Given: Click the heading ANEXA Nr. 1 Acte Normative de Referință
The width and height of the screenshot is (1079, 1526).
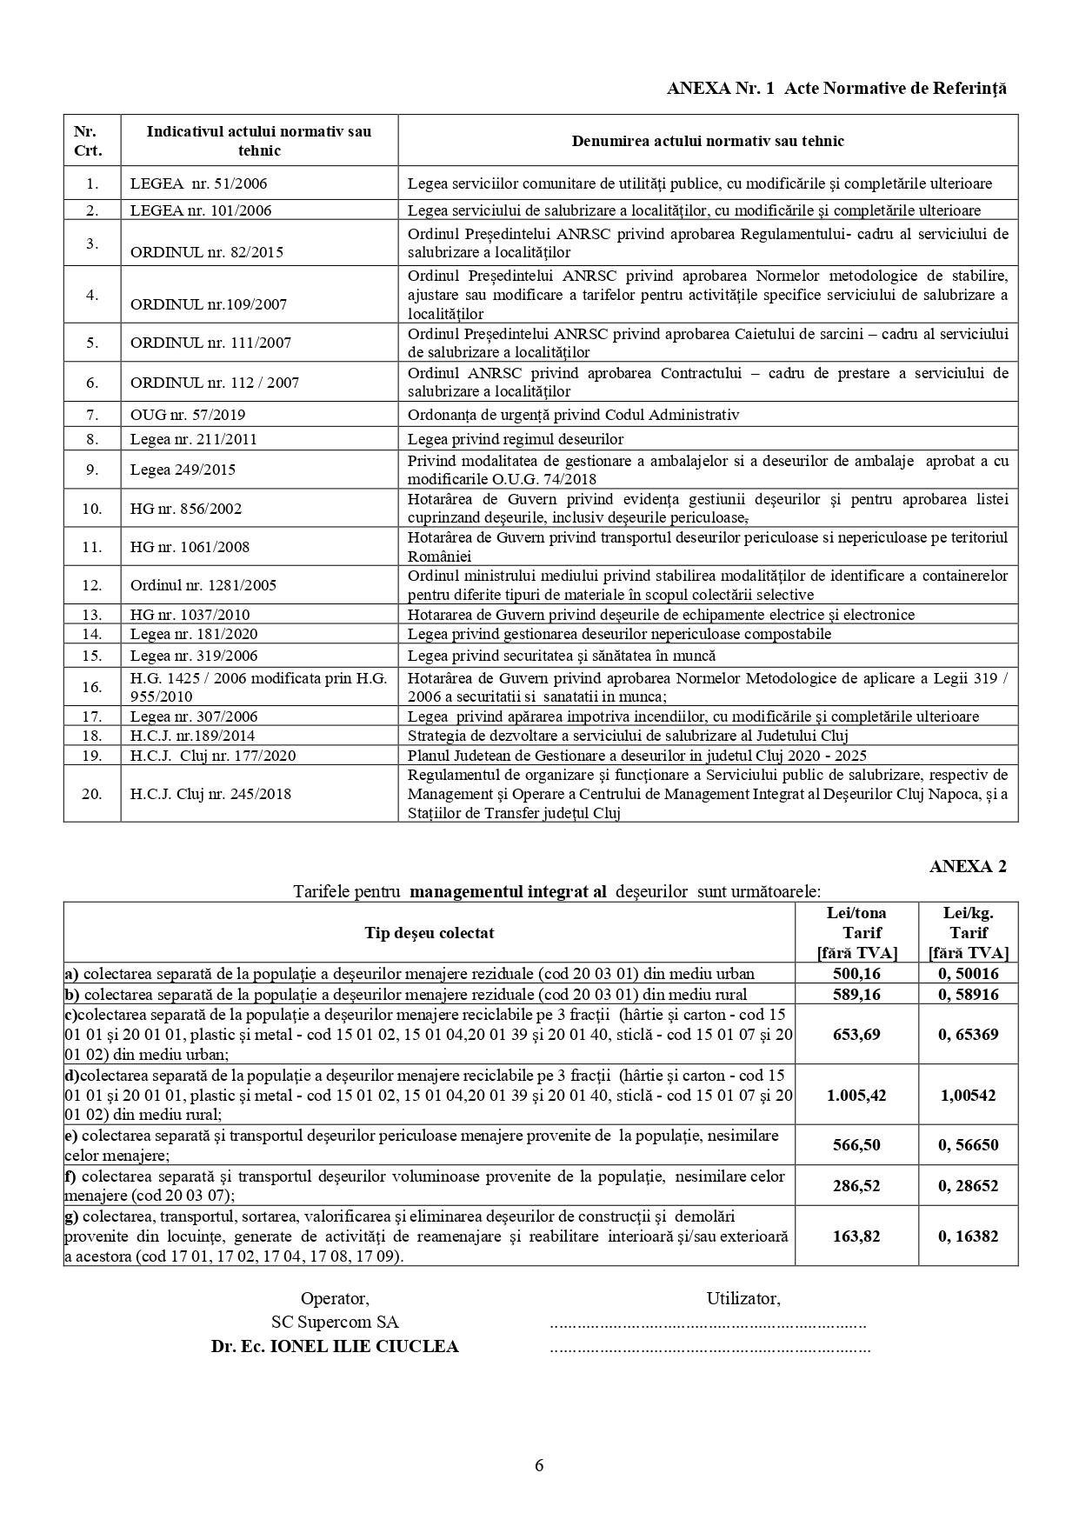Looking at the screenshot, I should pos(836,88).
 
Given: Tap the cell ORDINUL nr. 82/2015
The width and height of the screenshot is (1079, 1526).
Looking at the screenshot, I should pos(207,252).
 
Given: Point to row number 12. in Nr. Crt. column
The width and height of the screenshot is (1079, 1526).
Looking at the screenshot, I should pos(92,585).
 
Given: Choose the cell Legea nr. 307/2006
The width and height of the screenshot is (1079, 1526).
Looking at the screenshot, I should pos(193,716).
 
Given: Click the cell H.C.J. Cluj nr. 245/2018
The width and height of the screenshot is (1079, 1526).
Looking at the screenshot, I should pos(210,794).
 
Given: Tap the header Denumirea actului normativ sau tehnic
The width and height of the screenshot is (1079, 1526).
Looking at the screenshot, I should pos(708,141).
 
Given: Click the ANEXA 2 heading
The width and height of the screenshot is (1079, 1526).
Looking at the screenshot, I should pos(968,866).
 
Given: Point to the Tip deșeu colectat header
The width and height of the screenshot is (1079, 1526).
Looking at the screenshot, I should pos(429,933).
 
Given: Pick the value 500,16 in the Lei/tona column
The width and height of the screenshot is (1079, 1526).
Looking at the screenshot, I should pos(856,974).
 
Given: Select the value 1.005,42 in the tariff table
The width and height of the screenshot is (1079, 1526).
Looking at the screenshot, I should pos(856,1096).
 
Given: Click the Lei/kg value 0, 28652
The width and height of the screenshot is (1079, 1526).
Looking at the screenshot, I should pos(968,1186).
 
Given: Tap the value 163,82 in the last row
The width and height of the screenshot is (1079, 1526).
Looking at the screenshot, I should pos(856,1236).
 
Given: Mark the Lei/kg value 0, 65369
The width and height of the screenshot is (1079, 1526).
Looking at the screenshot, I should pos(968,1035).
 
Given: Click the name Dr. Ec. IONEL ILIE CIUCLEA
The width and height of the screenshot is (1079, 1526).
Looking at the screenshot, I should pos(335,1347).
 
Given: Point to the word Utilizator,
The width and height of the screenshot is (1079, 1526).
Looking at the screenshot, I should pos(743,1299).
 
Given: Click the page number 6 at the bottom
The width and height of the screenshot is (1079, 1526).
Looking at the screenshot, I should pos(539,1465).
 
